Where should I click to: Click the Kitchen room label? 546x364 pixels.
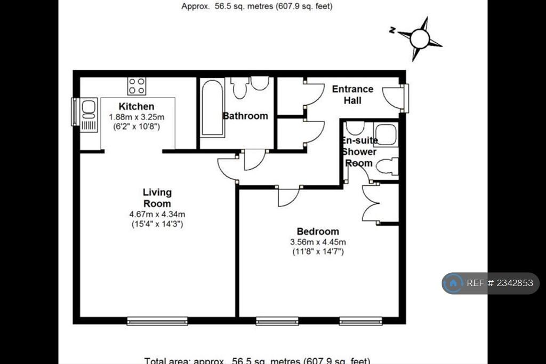coord(136,106)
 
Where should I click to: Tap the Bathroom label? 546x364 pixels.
coord(245,116)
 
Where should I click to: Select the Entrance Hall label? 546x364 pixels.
coord(352,94)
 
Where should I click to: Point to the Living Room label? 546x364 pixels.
coord(157,197)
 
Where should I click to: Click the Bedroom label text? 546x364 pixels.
coord(318,231)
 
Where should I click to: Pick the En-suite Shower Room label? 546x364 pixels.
coord(359,152)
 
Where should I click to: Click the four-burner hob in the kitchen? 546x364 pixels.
coord(136,85)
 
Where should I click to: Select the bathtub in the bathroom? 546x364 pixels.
coord(212,108)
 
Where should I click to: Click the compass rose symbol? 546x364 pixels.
coord(420,38)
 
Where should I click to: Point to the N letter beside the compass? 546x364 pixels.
coord(392,31)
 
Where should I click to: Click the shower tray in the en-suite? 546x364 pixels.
coord(385,134)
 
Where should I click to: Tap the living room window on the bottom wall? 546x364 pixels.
coord(157,321)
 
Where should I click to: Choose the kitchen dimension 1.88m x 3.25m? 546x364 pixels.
coord(137,116)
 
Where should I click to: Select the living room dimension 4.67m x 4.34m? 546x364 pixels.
coord(157,214)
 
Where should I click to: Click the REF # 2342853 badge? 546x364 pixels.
coord(490,283)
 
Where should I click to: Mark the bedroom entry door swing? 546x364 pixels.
coord(288,196)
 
